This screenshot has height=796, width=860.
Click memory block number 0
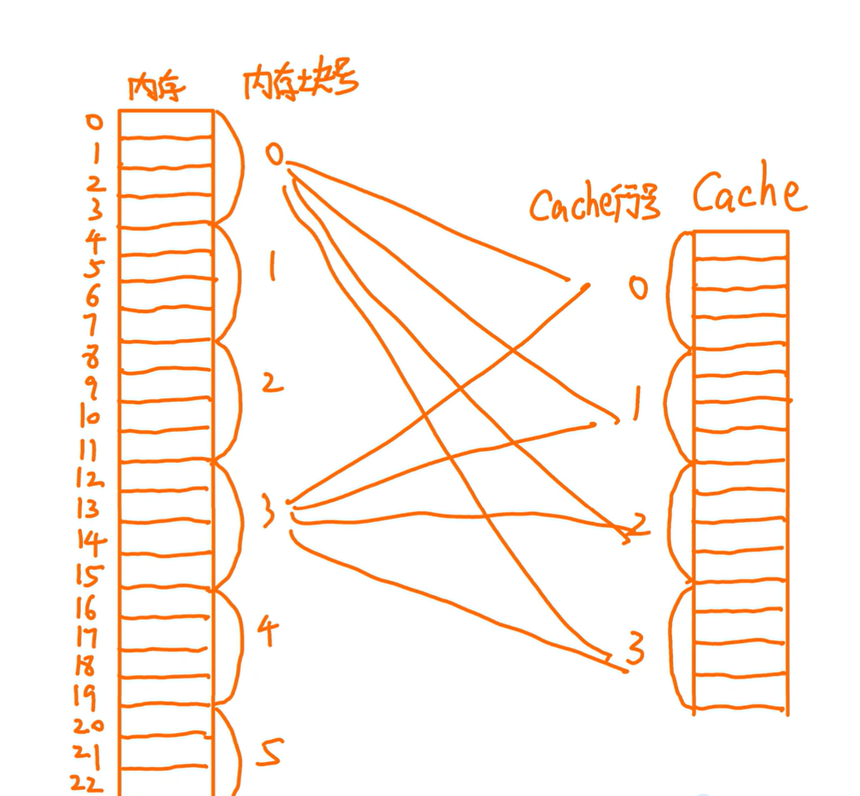(x=274, y=154)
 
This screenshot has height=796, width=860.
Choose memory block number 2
(x=272, y=383)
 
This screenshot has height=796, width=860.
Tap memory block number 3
(x=269, y=511)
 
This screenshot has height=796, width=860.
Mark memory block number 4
(x=267, y=631)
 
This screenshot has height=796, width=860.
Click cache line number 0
(x=638, y=288)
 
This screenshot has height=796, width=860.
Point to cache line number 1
(x=637, y=403)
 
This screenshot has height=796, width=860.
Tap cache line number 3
(x=635, y=649)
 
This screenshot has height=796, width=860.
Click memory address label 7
(x=91, y=326)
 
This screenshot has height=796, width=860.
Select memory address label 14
(x=90, y=542)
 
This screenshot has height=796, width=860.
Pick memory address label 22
(x=87, y=783)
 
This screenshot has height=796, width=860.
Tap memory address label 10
(x=89, y=417)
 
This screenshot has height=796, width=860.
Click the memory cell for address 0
(x=166, y=124)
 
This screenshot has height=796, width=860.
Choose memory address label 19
(x=85, y=697)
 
